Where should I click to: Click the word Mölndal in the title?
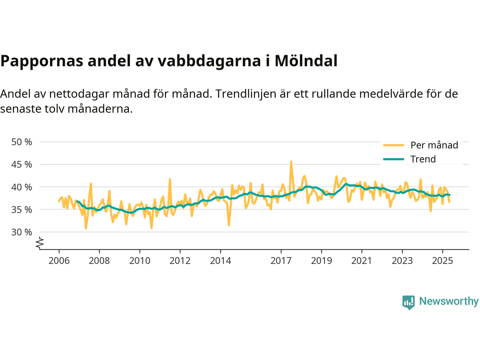(306, 61)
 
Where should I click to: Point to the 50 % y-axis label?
(22, 142)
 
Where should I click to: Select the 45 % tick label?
(22, 165)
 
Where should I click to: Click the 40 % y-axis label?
(22, 187)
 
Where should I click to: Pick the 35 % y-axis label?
(22, 210)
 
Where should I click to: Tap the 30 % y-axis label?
(22, 232)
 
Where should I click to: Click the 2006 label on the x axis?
(59, 261)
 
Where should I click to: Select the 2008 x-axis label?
(99, 261)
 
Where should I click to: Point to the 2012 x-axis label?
(180, 261)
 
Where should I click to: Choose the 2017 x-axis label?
(281, 261)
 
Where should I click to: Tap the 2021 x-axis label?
(361, 261)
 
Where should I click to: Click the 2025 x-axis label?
(442, 261)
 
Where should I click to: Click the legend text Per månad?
(434, 145)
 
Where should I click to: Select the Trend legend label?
(423, 159)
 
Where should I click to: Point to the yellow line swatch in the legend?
(393, 145)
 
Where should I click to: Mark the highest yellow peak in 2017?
(291, 162)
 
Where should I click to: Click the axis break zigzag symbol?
(40, 243)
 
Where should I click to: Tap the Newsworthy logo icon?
(408, 302)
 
